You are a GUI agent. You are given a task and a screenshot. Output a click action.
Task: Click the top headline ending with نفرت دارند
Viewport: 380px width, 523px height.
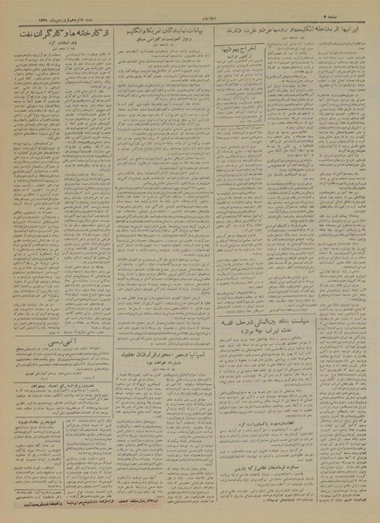point(293,28)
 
